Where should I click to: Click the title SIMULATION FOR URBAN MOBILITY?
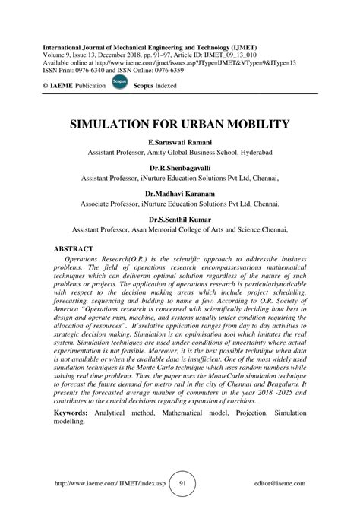tap(179, 125)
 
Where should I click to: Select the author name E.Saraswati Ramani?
tap(179, 142)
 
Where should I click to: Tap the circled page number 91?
tap(179, 481)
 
